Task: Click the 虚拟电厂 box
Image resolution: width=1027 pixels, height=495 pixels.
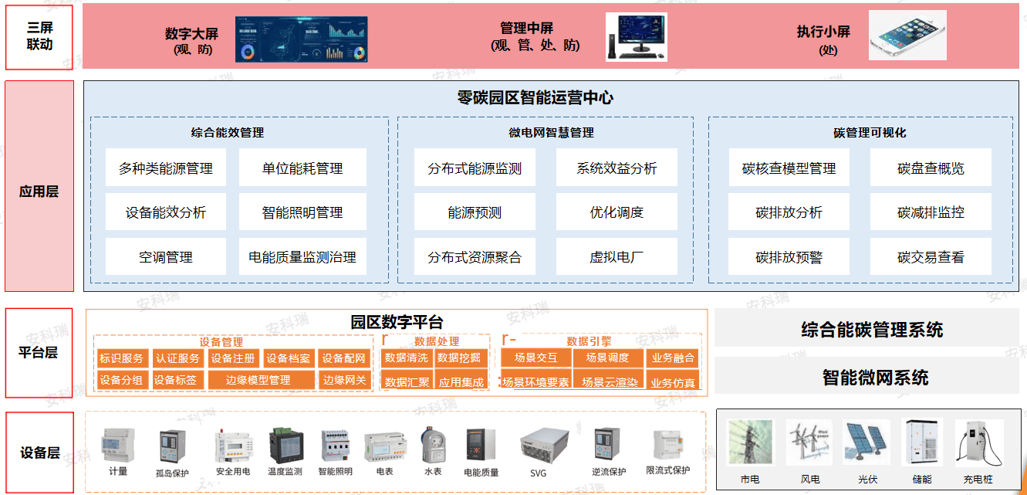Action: coord(617,257)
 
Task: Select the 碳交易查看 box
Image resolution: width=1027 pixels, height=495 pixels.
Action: coord(931,257)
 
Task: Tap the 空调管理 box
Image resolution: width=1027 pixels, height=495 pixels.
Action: coord(166,257)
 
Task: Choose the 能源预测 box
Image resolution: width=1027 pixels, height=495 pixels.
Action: coord(475,212)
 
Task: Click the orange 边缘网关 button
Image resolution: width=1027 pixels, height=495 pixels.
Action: coord(344,380)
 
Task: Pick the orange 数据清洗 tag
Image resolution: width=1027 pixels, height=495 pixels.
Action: coord(406,358)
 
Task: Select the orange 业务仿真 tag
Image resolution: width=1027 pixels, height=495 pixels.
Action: coord(673,382)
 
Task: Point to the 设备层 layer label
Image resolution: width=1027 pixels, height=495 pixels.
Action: coord(39,453)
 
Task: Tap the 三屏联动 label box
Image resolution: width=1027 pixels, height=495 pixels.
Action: coord(39,36)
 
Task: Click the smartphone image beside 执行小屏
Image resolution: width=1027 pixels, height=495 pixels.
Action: coord(907,36)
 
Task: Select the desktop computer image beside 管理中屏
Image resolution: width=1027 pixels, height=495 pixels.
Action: coord(636,36)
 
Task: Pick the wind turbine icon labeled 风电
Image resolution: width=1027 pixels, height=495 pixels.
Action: coord(809,443)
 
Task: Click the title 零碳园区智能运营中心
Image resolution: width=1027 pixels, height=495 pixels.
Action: coord(535,98)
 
